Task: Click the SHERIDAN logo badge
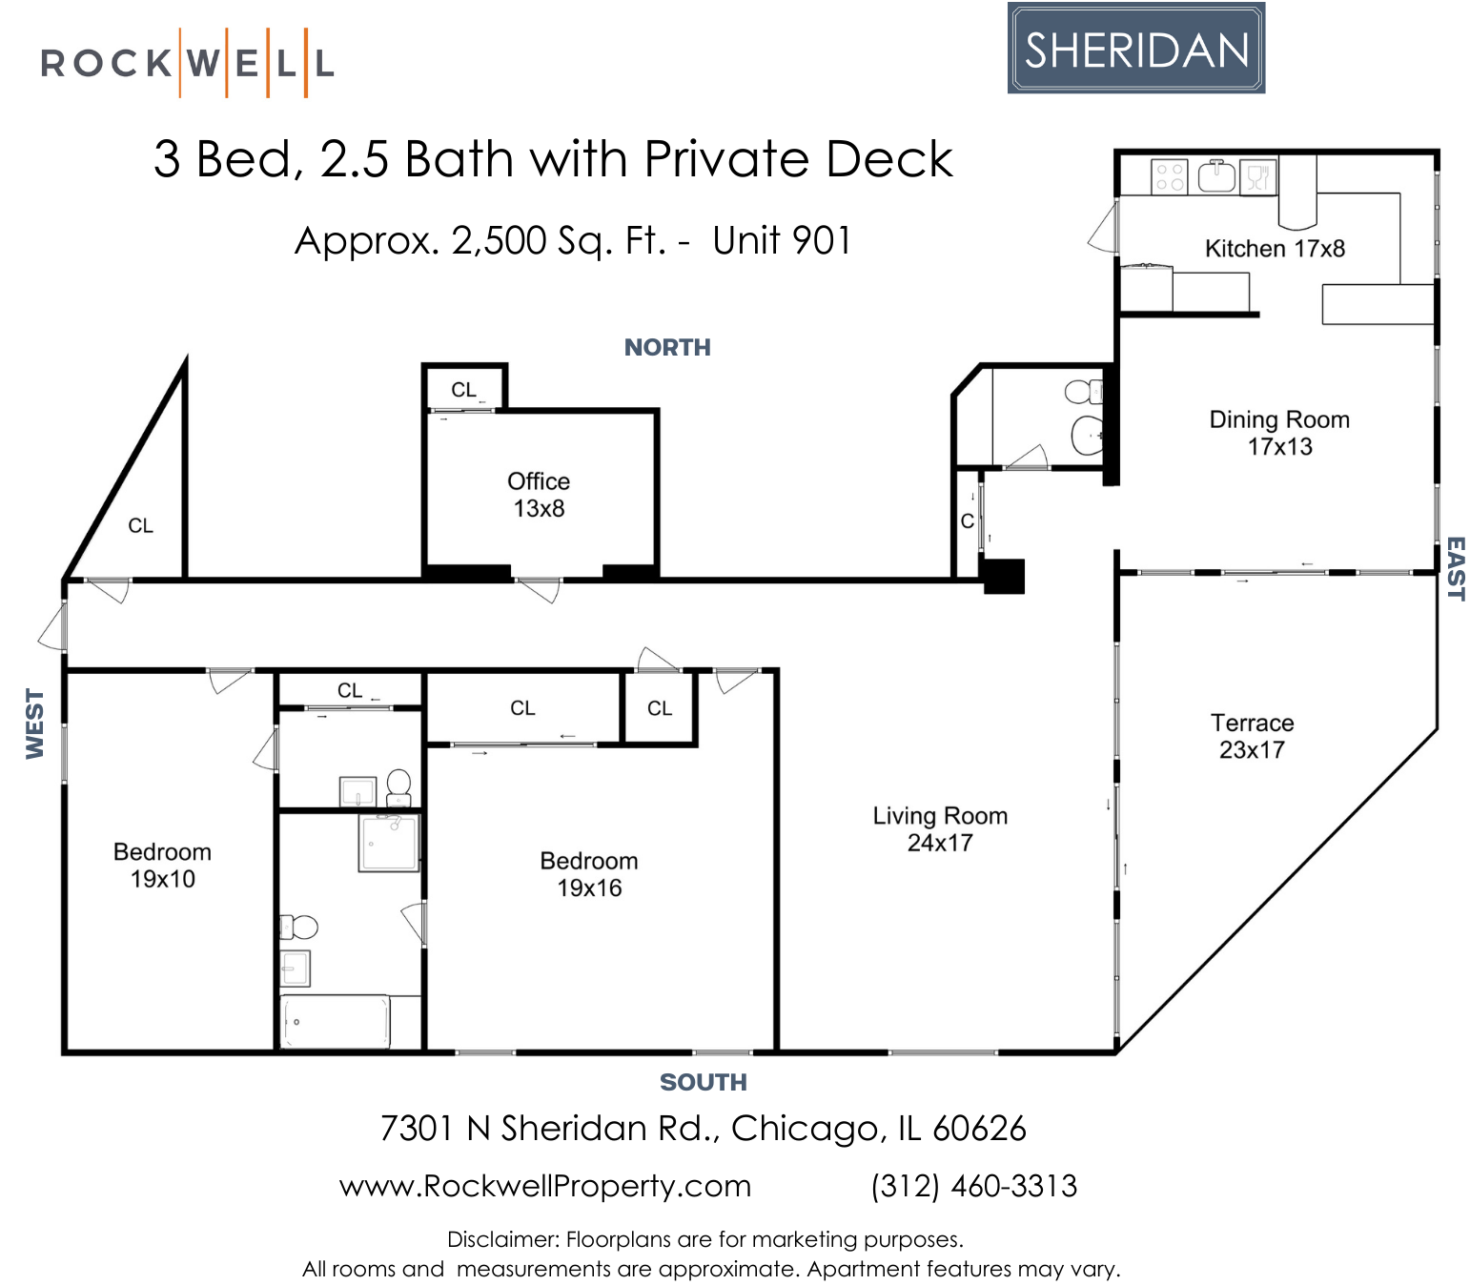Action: [1135, 49]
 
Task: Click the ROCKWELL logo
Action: [187, 64]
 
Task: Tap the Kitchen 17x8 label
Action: [1275, 249]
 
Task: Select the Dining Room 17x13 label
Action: [1279, 433]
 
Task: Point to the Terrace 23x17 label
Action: [1252, 736]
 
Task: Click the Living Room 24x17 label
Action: [940, 829]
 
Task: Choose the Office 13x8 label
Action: [539, 495]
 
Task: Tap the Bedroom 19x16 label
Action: [589, 874]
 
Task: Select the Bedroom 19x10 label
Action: [162, 866]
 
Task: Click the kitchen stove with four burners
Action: [1169, 177]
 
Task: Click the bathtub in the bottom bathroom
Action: [335, 1022]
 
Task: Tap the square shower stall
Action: [389, 843]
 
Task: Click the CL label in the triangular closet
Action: [140, 526]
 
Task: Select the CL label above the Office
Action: [464, 390]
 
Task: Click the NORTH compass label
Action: [667, 348]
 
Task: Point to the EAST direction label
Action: [1455, 568]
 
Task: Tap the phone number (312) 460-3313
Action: [973, 1186]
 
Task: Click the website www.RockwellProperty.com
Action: [545, 1186]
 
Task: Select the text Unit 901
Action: [782, 241]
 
